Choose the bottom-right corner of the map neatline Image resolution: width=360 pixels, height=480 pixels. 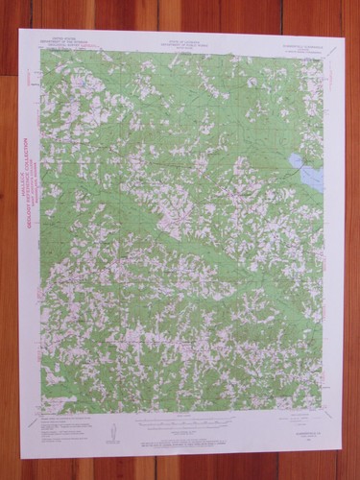coord(322,415)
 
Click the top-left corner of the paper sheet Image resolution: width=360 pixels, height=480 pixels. coord(20,30)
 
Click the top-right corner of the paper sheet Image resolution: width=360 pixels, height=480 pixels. coord(344,36)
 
